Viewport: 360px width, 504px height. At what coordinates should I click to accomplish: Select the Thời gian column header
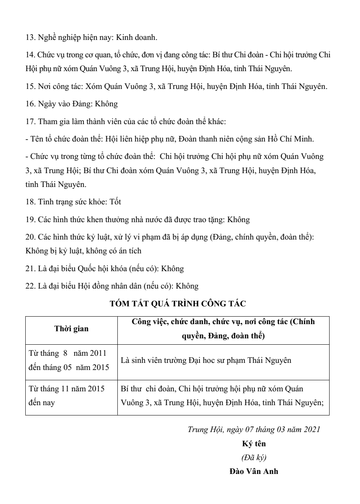point(72,328)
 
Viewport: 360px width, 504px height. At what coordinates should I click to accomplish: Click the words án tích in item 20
point(130,251)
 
